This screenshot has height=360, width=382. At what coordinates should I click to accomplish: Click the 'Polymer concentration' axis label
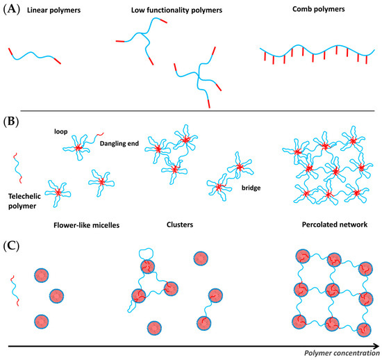[340, 354]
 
